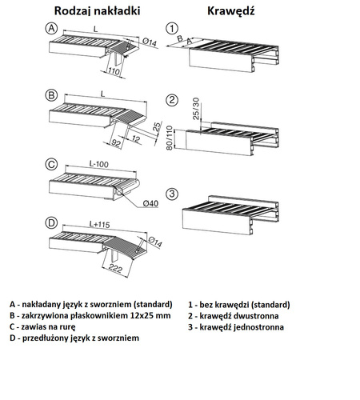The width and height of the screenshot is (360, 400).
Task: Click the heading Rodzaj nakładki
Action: coord(97,11)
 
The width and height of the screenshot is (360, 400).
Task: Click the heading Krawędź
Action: coord(231,11)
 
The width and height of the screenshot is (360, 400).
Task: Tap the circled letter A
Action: coord(51,28)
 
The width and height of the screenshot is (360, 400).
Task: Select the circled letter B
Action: coord(51,95)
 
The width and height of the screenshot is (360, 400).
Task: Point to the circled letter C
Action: coord(51,164)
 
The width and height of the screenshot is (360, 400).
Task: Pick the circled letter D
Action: coord(51,222)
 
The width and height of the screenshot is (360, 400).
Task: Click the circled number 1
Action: coord(172,29)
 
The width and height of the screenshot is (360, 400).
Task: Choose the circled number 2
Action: coord(172,100)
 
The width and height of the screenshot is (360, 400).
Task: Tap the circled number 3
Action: coord(172,194)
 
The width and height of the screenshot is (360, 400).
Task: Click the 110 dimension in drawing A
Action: coord(114,71)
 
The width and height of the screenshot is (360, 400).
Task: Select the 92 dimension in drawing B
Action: coord(116,143)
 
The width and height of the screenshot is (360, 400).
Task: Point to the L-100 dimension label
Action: coord(99,164)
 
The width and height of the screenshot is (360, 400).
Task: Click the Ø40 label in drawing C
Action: coord(150,203)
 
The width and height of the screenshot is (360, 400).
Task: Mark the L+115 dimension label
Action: coord(99,224)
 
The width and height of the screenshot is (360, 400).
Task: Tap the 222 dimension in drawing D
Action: coord(115,268)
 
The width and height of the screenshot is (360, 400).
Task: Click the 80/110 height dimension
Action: coord(170,138)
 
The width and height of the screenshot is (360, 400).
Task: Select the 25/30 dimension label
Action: coord(196,109)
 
